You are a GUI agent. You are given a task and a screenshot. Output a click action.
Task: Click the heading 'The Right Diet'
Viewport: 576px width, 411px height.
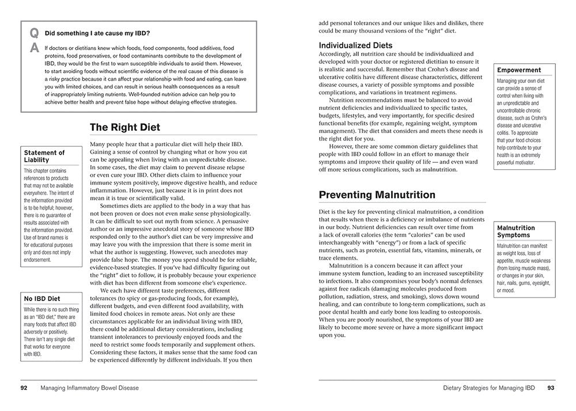pyautogui.click(x=125, y=127)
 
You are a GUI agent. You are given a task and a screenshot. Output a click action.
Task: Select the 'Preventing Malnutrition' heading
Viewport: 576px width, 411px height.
pyautogui.click(x=377, y=195)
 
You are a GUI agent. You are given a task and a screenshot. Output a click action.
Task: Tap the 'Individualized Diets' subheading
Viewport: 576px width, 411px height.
pyautogui.click(x=355, y=45)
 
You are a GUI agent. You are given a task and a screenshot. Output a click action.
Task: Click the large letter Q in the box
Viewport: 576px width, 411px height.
pyautogui.click(x=34, y=33)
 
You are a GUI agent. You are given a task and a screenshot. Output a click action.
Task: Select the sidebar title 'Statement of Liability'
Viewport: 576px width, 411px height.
pyautogui.click(x=44, y=156)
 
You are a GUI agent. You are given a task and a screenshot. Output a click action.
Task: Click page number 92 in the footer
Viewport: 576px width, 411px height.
pyautogui.click(x=24, y=388)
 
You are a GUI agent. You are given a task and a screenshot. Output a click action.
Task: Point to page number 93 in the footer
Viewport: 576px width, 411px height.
pyautogui.click(x=551, y=388)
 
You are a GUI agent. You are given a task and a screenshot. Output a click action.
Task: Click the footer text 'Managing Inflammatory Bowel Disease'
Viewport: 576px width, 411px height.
pyautogui.click(x=90, y=388)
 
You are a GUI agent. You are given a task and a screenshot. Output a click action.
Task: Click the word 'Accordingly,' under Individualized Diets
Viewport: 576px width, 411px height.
pyautogui.click(x=338, y=54)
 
